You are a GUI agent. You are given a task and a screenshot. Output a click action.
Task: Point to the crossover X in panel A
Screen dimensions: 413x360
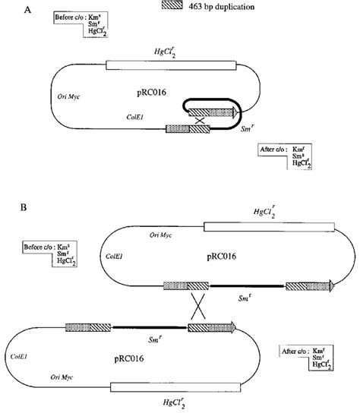tap(200, 121)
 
